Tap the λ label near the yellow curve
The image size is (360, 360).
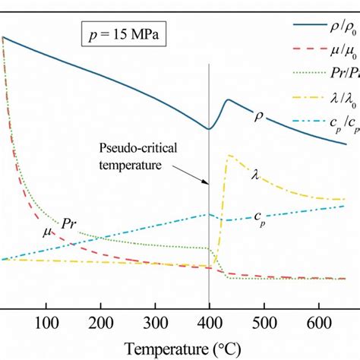(255, 174)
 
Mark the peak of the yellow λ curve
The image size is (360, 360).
(228, 156)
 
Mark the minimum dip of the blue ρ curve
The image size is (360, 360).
(209, 129)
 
